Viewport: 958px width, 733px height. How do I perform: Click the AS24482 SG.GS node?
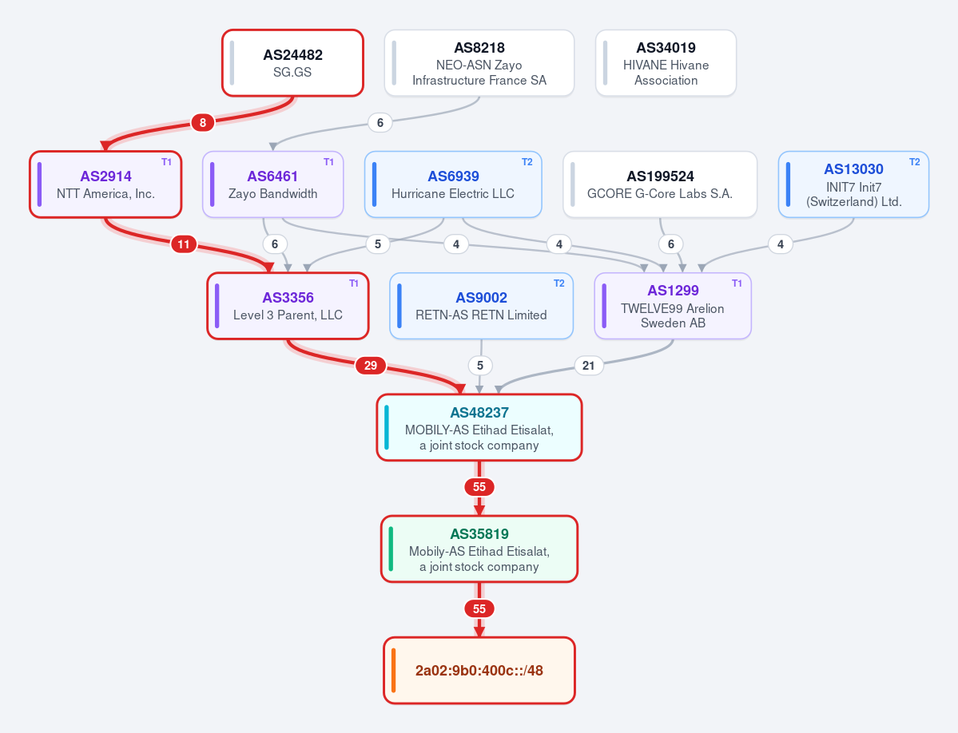point(292,63)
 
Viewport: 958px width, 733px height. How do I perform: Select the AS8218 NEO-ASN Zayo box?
point(479,63)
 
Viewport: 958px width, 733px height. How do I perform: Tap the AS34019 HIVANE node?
point(666,63)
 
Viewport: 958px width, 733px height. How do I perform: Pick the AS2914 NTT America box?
point(105,184)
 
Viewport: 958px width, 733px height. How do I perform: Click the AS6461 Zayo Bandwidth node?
point(273,184)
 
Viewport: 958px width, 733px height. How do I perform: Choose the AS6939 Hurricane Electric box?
point(453,184)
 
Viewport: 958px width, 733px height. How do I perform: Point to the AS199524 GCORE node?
point(660,184)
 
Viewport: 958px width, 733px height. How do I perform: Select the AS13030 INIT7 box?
point(853,184)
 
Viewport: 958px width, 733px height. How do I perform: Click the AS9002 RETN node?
point(482,306)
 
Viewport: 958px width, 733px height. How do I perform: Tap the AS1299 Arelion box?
point(673,306)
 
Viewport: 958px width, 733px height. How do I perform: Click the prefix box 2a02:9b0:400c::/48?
point(479,670)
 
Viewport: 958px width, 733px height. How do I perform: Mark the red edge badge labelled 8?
point(203,123)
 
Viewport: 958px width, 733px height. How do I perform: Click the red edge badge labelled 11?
point(184,244)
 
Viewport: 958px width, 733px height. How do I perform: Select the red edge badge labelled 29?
point(371,366)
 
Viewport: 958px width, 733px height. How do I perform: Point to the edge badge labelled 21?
point(588,366)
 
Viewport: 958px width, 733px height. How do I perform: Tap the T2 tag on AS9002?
point(559,283)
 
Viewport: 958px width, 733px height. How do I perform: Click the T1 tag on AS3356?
point(354,283)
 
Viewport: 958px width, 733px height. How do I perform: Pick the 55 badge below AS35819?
point(479,608)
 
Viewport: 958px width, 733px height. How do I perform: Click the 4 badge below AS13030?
point(780,244)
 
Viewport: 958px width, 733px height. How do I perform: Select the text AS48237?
point(479,413)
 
